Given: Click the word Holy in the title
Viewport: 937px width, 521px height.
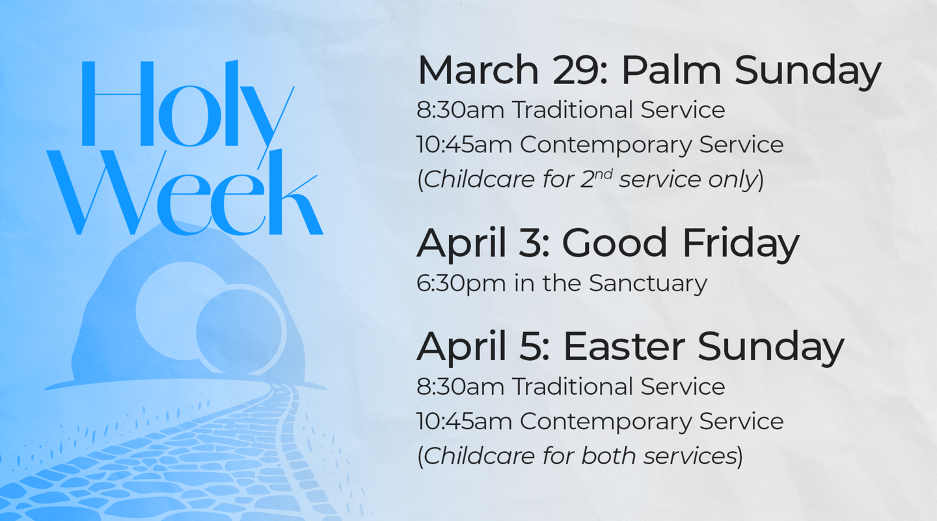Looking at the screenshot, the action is (x=187, y=109).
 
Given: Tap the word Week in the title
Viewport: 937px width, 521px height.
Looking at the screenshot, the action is (x=185, y=192).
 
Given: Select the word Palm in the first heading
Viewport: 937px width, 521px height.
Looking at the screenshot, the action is (x=672, y=70).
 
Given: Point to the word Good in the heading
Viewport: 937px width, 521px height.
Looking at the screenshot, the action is (x=614, y=243).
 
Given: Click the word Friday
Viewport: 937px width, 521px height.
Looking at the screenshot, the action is (x=740, y=246).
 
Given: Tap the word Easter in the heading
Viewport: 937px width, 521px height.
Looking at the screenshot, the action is (x=624, y=346).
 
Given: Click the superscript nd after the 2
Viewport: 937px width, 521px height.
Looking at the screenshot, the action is (x=604, y=174).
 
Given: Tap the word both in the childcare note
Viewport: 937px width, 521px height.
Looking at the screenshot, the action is (x=608, y=456).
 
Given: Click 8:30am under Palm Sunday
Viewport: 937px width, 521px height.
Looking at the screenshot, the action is (x=460, y=110).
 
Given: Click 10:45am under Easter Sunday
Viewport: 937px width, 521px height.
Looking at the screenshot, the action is (x=465, y=421).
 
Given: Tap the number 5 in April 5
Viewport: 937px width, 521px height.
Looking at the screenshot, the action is (x=531, y=346).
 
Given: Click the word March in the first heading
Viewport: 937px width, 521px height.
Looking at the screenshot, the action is (x=478, y=70).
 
